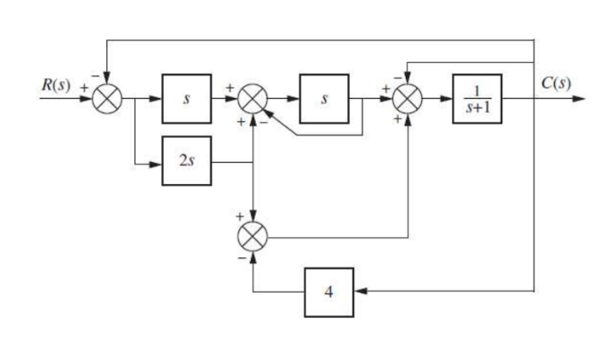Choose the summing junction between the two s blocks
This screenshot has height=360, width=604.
coord(253,99)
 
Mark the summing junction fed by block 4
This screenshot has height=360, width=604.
coord(253,233)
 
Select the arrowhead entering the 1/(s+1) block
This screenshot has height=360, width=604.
coord(447,99)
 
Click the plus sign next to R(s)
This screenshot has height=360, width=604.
coord(85,88)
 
